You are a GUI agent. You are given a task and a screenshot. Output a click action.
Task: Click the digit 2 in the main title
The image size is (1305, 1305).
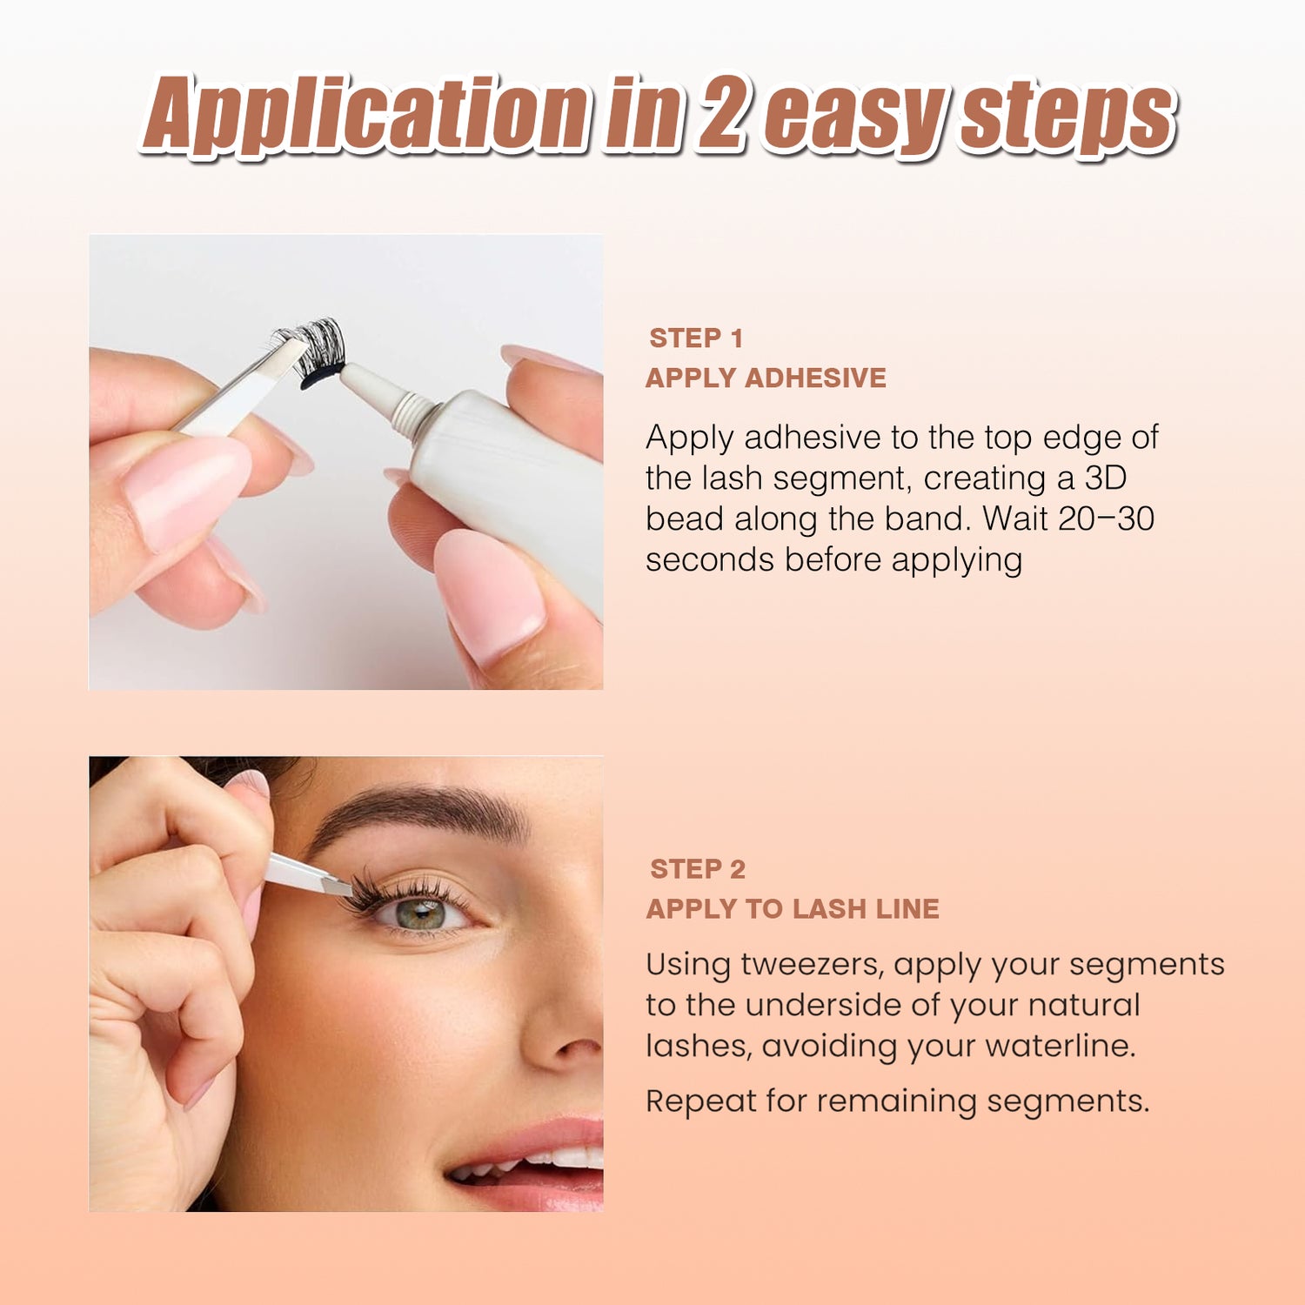tap(720, 113)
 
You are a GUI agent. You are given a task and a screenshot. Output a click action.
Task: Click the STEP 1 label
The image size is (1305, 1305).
tap(696, 338)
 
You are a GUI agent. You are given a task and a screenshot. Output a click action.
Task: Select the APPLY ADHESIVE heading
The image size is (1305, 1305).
tap(766, 378)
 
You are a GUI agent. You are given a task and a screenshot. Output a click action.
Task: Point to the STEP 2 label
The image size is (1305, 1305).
tap(698, 869)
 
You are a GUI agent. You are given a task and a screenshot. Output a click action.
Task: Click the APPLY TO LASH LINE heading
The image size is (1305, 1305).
tap(793, 908)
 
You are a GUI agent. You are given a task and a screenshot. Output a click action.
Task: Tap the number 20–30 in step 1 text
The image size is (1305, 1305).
tap(1107, 519)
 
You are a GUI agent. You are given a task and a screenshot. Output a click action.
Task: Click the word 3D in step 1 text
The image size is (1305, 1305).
tap(1106, 478)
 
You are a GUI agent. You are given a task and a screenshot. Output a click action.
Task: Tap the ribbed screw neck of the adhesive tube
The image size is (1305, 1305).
tap(412, 411)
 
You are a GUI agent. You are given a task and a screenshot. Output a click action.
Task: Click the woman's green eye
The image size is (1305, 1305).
tap(421, 914)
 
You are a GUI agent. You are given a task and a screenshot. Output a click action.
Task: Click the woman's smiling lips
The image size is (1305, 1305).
tap(526, 1164)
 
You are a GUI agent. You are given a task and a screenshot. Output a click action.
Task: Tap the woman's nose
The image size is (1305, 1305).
tap(565, 1009)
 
